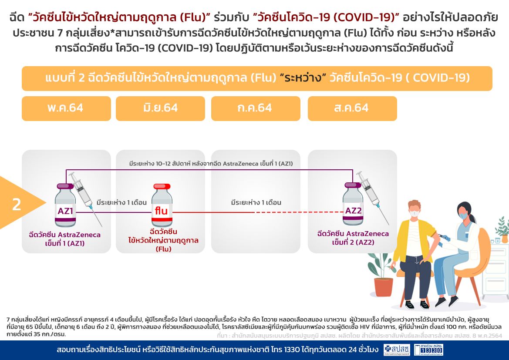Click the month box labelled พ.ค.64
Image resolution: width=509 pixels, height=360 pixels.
tap(66, 108)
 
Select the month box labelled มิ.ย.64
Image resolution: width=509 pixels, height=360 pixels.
tap(160, 108)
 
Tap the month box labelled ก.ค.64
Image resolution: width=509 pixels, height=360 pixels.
tap(256, 108)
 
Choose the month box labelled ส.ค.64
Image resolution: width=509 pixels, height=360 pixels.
tap(352, 108)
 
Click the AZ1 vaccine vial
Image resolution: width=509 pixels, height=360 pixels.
tap(65, 205)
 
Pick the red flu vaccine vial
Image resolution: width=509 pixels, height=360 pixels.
tap(162, 205)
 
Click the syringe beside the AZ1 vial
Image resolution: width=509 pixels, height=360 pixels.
tap(86, 199)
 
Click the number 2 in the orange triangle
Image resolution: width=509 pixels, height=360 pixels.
tap(17, 205)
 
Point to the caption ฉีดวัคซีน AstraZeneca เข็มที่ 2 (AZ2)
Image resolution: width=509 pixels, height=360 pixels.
tap(353, 238)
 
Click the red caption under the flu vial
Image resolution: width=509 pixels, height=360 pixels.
tap(163, 240)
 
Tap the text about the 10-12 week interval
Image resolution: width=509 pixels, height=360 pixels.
tap(211, 164)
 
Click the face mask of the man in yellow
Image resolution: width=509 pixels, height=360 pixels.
tap(414, 213)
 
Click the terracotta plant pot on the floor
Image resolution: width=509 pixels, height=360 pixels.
tap(383, 287)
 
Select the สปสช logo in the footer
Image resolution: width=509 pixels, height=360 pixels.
tap(397, 350)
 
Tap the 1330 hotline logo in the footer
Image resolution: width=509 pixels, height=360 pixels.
tap(428, 350)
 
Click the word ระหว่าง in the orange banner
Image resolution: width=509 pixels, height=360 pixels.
tap(303, 78)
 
